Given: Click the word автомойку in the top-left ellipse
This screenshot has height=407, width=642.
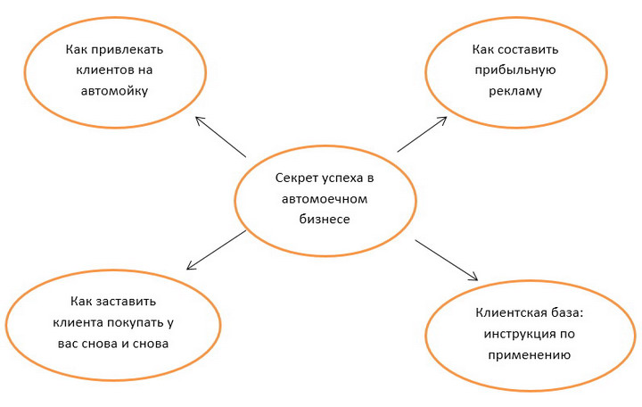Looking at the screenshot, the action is (x=114, y=90).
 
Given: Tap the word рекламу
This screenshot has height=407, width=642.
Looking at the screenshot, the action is (x=515, y=91).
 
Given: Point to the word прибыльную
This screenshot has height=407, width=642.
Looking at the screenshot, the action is (x=515, y=71).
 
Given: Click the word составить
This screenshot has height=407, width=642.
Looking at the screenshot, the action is (x=530, y=50).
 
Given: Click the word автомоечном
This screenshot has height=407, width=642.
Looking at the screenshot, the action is (x=325, y=199).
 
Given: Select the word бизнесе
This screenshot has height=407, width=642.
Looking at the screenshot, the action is (x=325, y=219).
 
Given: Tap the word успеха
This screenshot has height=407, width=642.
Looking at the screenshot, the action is (x=342, y=179).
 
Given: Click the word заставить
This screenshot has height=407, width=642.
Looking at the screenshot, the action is (x=126, y=302).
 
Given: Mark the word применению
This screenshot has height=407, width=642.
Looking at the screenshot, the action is (x=529, y=355).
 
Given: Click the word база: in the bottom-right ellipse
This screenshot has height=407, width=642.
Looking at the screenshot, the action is (x=567, y=312).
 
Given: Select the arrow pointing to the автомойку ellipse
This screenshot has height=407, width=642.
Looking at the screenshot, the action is (x=220, y=137).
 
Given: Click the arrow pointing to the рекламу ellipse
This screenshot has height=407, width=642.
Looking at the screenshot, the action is (x=422, y=135).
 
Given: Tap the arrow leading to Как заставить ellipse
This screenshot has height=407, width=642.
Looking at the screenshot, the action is (x=216, y=250).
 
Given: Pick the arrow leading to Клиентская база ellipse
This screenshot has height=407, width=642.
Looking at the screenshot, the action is (x=447, y=261).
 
